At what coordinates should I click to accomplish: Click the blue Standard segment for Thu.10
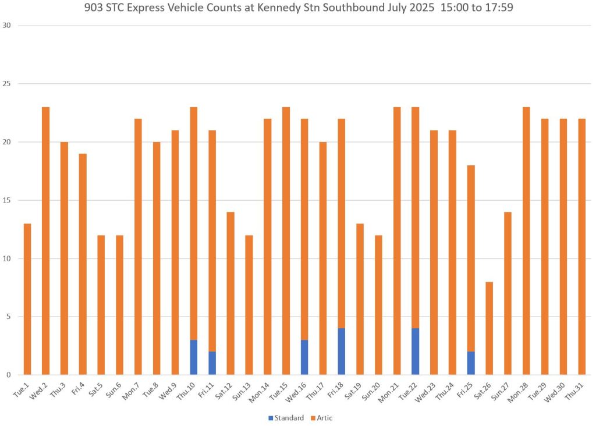(x=194, y=357)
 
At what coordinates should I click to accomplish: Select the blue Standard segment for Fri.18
(x=342, y=352)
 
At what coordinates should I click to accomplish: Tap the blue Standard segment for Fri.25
(x=470, y=363)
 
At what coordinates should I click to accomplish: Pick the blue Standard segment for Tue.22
(x=415, y=352)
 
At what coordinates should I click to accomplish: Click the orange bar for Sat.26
(x=489, y=328)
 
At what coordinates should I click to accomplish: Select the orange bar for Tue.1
(x=27, y=299)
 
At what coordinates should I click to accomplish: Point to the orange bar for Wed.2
(x=45, y=241)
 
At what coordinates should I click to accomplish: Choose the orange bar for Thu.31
(x=581, y=247)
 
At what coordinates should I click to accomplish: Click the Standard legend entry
(x=286, y=418)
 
